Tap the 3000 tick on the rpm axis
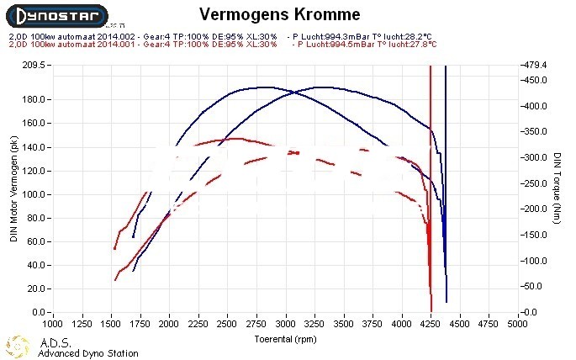tap(286, 322)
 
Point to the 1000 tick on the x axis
tap(52, 322)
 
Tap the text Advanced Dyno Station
tap(88, 353)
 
